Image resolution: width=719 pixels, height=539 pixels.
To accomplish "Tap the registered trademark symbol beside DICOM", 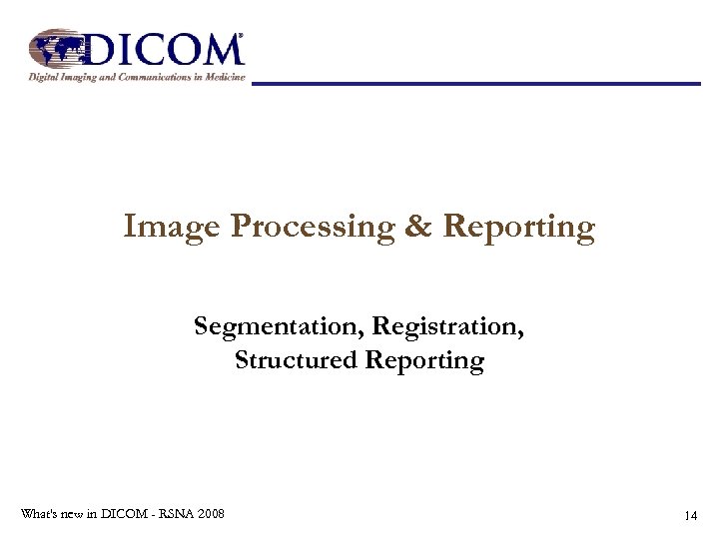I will click(x=240, y=37).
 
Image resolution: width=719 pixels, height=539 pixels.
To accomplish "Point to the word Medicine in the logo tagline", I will click(x=222, y=78).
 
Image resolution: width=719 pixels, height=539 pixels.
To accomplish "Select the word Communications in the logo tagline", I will click(x=143, y=78).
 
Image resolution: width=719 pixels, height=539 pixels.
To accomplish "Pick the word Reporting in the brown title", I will click(x=519, y=229).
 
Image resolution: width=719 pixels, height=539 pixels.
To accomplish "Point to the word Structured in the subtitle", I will click(x=296, y=360).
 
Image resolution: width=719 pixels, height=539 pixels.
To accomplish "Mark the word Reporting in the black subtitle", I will click(x=424, y=361).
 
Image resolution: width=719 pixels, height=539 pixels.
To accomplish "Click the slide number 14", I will click(x=690, y=516).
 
